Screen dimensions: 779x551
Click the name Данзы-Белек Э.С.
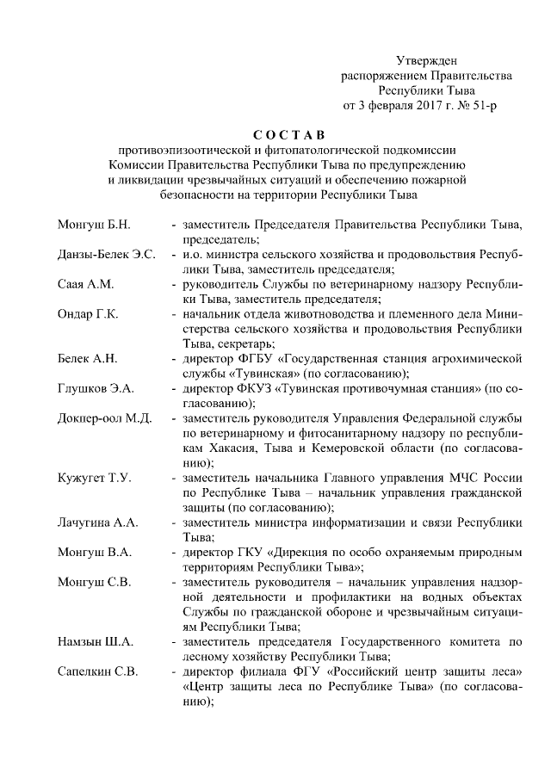point(106,256)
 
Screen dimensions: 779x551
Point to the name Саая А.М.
point(84,285)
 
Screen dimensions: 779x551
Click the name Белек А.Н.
point(87,359)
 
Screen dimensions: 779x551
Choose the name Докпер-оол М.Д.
point(104,418)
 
